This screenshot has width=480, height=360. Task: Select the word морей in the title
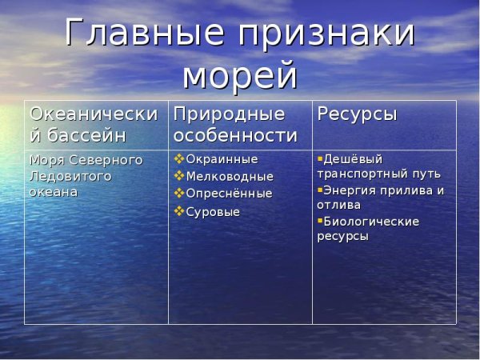point(240,77)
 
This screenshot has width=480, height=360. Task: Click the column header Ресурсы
point(357,114)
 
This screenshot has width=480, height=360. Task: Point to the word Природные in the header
point(229,114)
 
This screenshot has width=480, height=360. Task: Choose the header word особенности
point(235,136)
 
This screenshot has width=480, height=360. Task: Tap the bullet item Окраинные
point(222,159)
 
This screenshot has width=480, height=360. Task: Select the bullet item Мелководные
point(230,176)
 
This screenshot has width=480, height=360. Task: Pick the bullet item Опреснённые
point(229,194)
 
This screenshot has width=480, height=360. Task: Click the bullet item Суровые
point(213,212)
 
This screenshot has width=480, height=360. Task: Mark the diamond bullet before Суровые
point(179,211)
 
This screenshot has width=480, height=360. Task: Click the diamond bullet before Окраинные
point(179,158)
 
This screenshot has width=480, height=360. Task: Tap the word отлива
point(339,206)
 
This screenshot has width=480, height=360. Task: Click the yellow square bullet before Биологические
point(320,220)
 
